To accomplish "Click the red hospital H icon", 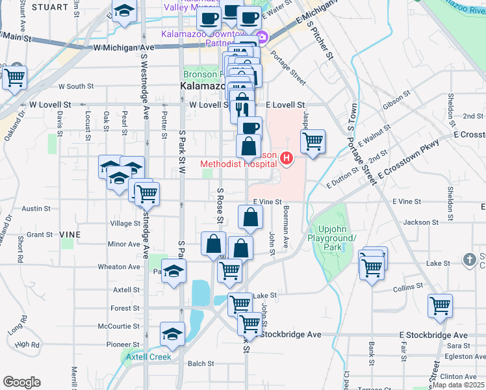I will click(x=285, y=158).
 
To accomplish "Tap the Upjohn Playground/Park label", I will click(x=338, y=238).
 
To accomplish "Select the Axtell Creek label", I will click(x=148, y=357).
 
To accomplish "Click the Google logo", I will click(x=21, y=382).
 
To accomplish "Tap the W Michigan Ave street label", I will click(x=123, y=47).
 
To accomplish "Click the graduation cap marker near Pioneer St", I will click(x=172, y=334).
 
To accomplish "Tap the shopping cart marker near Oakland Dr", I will click(x=15, y=78).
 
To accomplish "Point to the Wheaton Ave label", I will click(x=119, y=267).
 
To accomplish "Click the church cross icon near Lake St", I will click(x=470, y=260).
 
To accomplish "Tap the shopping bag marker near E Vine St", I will click(x=250, y=217).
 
